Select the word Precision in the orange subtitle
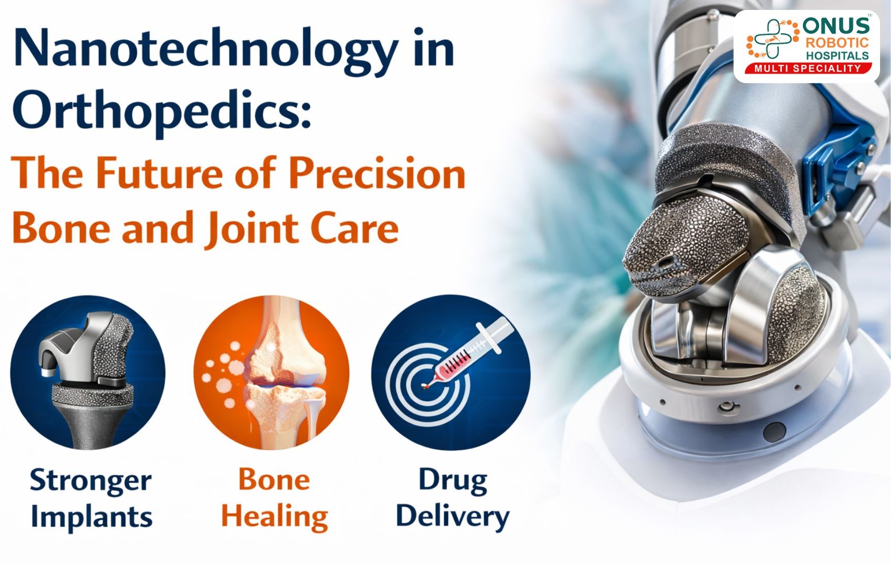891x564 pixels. (x=377, y=173)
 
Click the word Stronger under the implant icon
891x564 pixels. (x=91, y=480)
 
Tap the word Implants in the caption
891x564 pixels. (x=91, y=518)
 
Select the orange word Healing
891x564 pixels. (x=275, y=518)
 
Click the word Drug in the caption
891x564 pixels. (x=453, y=480)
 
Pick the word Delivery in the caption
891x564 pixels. (x=452, y=518)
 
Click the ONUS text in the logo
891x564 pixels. (x=836, y=26)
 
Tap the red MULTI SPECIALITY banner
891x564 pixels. (x=807, y=68)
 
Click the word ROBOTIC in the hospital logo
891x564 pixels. (x=837, y=43)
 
